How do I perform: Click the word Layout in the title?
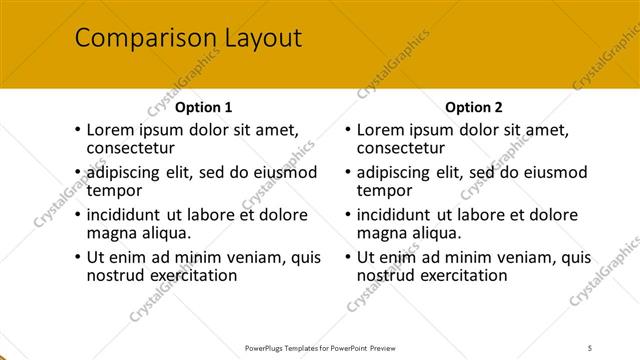[x=255, y=39]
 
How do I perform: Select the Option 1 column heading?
[x=203, y=107]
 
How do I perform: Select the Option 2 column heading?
[x=473, y=107]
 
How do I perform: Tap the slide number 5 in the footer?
[x=590, y=347]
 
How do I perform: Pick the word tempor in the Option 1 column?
[x=114, y=190]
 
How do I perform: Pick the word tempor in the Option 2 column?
[x=384, y=190]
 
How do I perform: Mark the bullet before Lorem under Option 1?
[x=77, y=130]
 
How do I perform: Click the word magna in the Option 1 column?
[x=111, y=233]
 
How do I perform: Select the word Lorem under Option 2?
[x=381, y=130]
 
